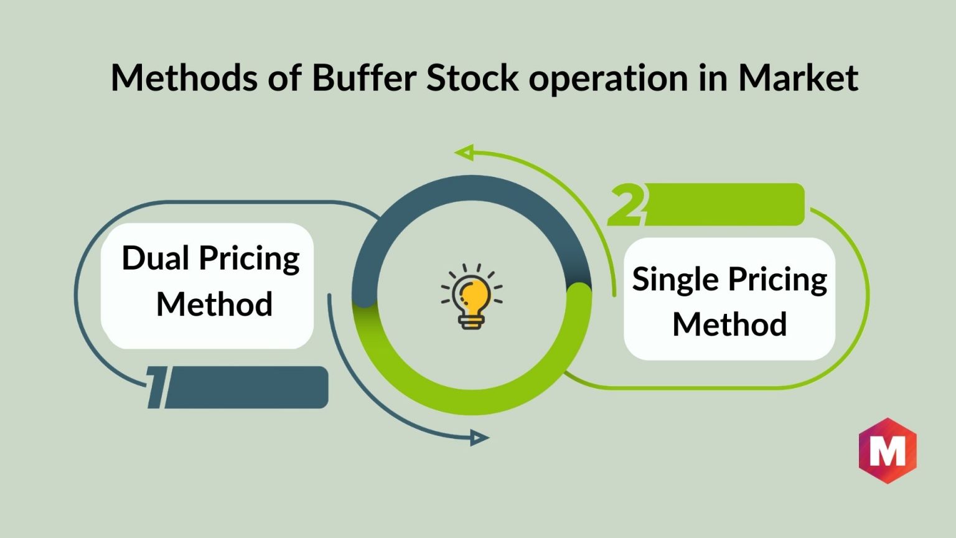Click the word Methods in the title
click(x=184, y=78)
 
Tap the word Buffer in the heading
click(x=365, y=77)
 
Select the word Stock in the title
click(x=472, y=77)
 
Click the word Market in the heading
click(x=798, y=78)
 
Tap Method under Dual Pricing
click(x=214, y=304)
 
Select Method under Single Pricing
click(x=730, y=324)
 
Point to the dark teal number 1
click(x=156, y=387)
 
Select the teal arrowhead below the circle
click(x=479, y=438)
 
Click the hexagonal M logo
click(x=888, y=451)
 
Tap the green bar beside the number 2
click(x=724, y=204)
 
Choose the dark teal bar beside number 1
click(x=246, y=387)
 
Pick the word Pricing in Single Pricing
click(x=777, y=281)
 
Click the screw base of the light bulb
click(x=472, y=321)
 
